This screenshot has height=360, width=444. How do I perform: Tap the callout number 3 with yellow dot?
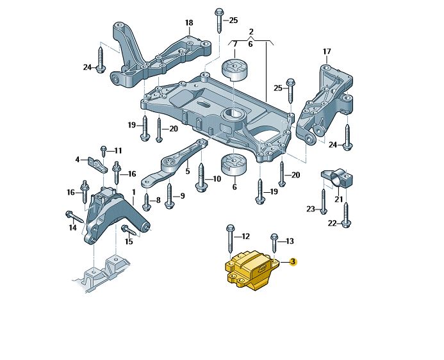(293, 262)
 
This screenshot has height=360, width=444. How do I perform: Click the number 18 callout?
(188, 23)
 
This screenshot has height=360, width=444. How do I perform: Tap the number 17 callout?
(326, 51)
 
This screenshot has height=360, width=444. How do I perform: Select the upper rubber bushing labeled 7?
(234, 70)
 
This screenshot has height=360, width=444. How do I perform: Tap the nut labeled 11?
(103, 151)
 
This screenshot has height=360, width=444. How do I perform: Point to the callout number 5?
(188, 171)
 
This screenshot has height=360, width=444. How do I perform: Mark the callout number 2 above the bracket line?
(251, 31)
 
